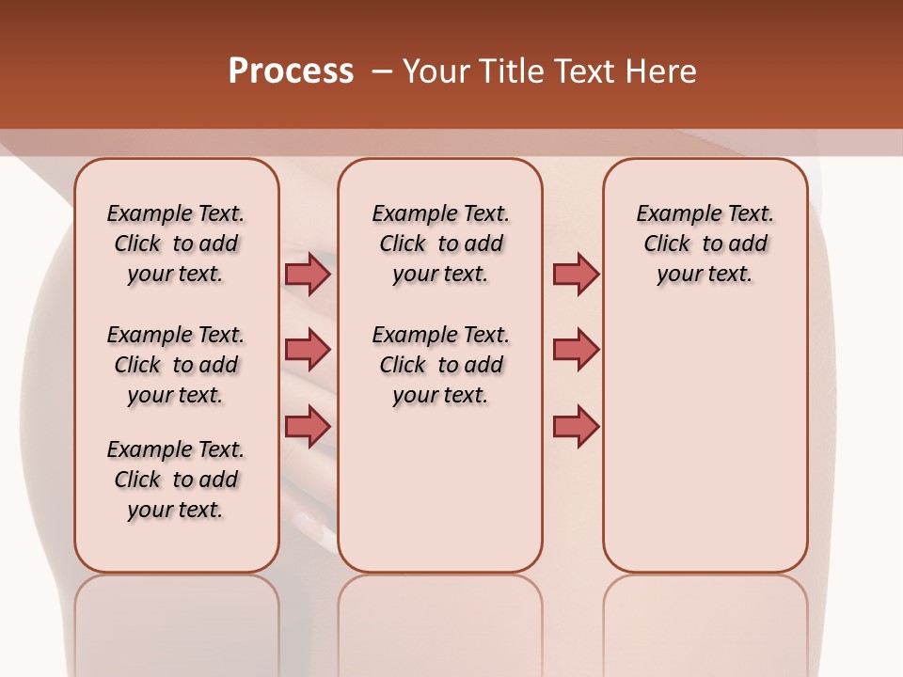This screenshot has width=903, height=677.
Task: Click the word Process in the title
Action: pos(291,71)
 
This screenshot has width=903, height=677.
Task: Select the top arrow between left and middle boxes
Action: pos(308,274)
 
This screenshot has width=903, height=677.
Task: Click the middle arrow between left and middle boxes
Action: pos(308,350)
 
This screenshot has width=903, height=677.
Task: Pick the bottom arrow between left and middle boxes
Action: pos(308,426)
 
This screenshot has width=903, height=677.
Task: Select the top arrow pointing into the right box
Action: pos(576,274)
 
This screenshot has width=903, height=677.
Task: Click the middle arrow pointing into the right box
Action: pos(576,350)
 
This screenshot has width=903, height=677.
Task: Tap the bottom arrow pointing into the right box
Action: pos(576,426)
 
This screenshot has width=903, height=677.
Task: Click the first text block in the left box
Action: pos(176,244)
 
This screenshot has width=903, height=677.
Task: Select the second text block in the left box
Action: pos(176,365)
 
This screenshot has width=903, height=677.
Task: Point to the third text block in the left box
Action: pos(176,480)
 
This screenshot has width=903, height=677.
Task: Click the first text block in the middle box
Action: pos(440,244)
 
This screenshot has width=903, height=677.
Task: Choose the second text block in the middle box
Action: pos(440,365)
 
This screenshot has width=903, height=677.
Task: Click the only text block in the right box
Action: pos(705,244)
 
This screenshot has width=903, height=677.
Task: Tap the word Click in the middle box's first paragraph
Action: pos(403,244)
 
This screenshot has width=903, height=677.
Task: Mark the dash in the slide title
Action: pos(382,71)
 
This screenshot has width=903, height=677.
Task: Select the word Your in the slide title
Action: pos(437,71)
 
